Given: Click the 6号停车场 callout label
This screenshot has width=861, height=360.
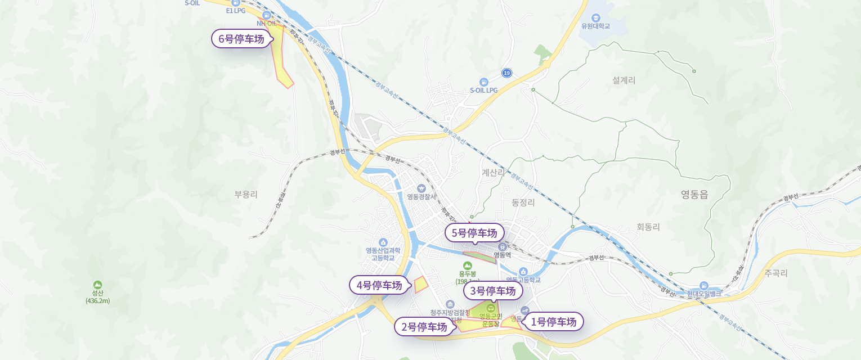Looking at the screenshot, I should point(241,39).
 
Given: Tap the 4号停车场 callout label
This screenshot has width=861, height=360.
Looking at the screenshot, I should point(379,285).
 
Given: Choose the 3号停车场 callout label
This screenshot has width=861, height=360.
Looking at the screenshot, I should point(493,291).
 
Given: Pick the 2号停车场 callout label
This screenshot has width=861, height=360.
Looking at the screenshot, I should point(424,327).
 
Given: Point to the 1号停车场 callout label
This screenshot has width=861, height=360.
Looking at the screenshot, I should point(554,322).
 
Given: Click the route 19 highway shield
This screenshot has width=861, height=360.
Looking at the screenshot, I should point(507,73).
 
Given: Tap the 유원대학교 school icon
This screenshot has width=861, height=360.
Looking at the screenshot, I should point(595,17).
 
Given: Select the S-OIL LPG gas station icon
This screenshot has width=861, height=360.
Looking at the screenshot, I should point(483,82).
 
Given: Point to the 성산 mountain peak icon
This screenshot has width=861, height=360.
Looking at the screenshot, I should point(98,285).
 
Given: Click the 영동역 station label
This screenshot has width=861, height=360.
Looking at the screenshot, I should point(502,254).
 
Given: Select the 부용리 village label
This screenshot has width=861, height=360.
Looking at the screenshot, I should point(246,195).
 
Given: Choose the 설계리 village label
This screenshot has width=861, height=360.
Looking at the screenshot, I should point(624,80).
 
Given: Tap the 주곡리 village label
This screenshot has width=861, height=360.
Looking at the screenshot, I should point(776,274).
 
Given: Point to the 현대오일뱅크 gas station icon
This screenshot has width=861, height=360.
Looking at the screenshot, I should point(703,286).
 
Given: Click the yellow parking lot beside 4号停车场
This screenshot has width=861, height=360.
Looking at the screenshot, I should point(421,285).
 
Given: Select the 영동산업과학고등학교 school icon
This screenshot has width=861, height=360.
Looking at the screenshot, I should point(383,242).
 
